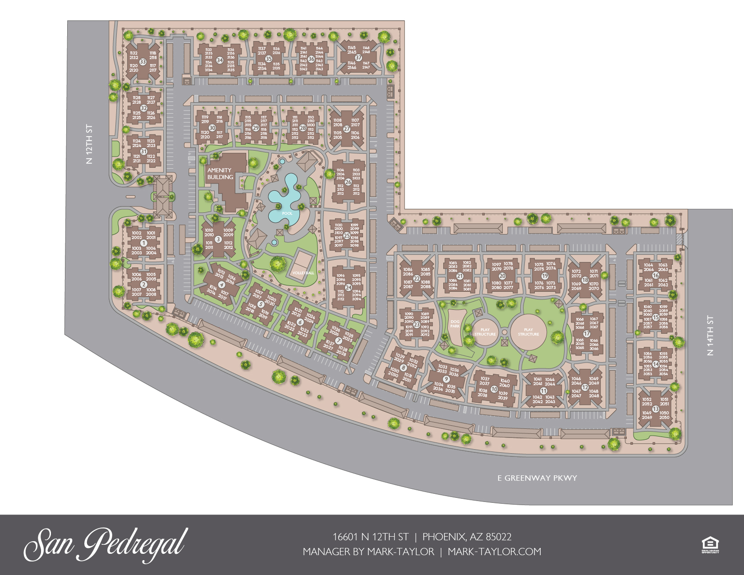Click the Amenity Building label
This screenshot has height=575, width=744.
[x=220, y=174]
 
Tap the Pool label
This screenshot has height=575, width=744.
[x=287, y=213]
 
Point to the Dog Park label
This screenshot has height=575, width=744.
[x=455, y=324]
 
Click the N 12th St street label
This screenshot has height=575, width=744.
[x=89, y=144]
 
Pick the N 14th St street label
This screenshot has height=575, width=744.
[x=711, y=336]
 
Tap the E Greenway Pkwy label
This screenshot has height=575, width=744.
[x=537, y=478]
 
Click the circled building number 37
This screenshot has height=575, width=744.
[x=359, y=58]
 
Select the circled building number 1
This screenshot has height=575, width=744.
[x=144, y=243]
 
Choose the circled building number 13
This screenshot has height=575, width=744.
[x=656, y=409]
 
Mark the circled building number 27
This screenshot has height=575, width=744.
[x=347, y=129]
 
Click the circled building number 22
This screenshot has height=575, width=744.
[x=417, y=279]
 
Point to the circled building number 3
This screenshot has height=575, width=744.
[x=218, y=239]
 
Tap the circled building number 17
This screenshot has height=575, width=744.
[x=587, y=334]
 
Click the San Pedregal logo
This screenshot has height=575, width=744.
[x=106, y=544]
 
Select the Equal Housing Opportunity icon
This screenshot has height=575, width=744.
[x=710, y=544]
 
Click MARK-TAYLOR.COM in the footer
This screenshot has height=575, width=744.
[x=494, y=552]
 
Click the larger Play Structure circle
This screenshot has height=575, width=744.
[x=528, y=332]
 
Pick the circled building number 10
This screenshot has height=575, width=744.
[x=494, y=389]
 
